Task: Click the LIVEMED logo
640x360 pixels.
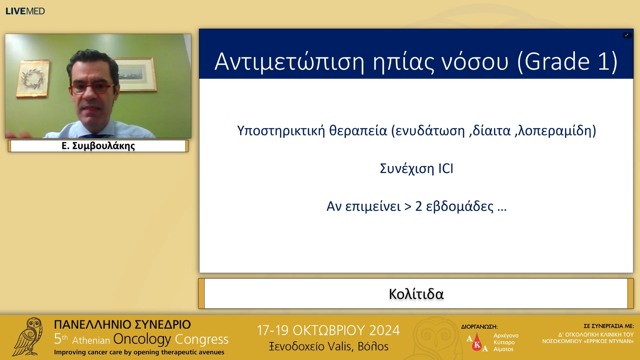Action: tap(25, 11)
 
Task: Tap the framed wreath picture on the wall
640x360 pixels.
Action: tap(33, 79)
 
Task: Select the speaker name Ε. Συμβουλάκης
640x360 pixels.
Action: tap(98, 146)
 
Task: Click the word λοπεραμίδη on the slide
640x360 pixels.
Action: tap(555, 131)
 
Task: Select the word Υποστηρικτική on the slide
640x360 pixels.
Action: tap(281, 131)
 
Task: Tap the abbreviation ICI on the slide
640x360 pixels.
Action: tap(446, 169)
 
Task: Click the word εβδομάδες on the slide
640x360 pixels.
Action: tap(460, 207)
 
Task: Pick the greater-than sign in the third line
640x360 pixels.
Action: tap(408, 207)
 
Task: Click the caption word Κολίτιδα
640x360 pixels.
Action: tap(416, 294)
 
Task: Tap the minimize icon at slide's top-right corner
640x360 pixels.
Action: tap(627, 35)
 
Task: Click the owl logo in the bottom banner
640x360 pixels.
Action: tap(28, 337)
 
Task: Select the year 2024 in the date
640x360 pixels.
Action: tap(384, 330)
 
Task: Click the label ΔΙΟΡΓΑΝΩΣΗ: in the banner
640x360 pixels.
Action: tap(479, 327)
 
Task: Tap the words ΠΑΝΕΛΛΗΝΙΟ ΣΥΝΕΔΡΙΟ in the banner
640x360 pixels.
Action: tap(122, 324)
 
